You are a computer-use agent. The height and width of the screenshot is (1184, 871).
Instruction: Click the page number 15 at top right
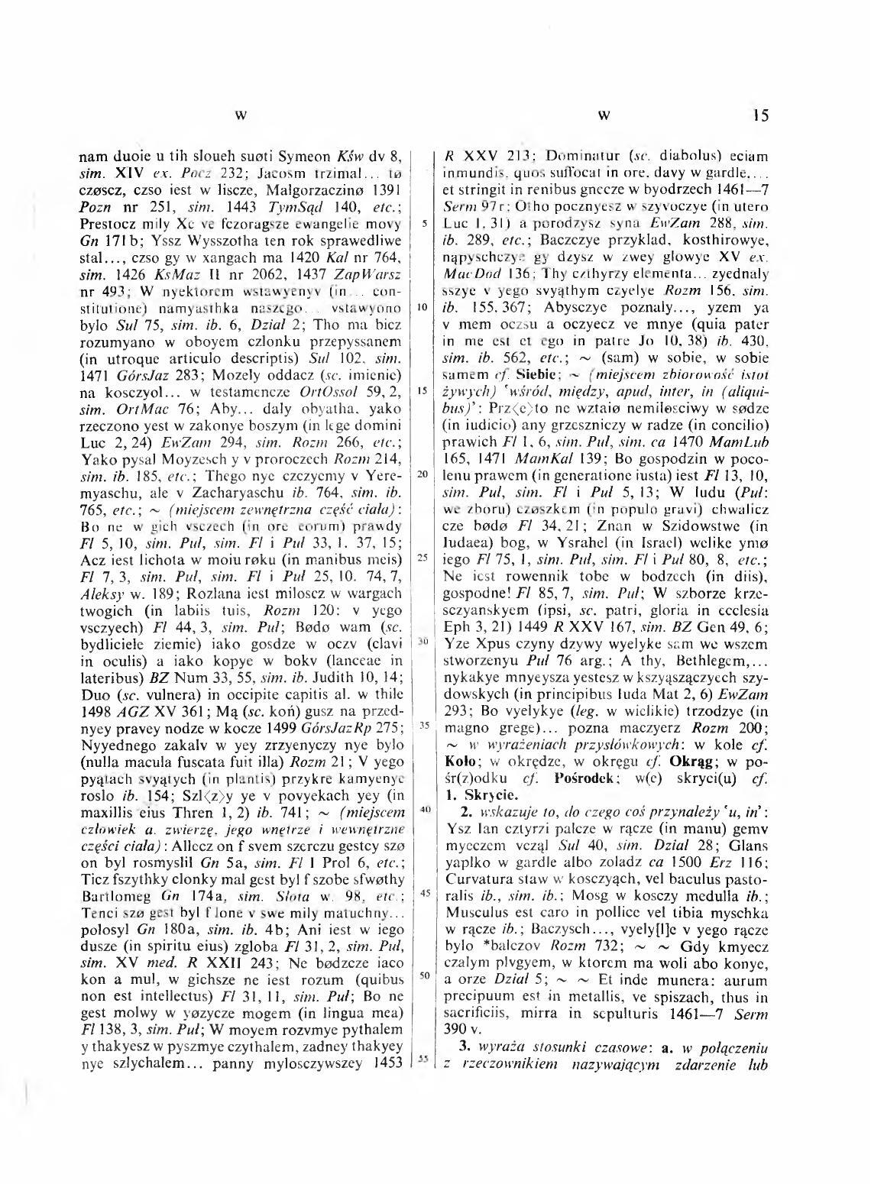point(760,115)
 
